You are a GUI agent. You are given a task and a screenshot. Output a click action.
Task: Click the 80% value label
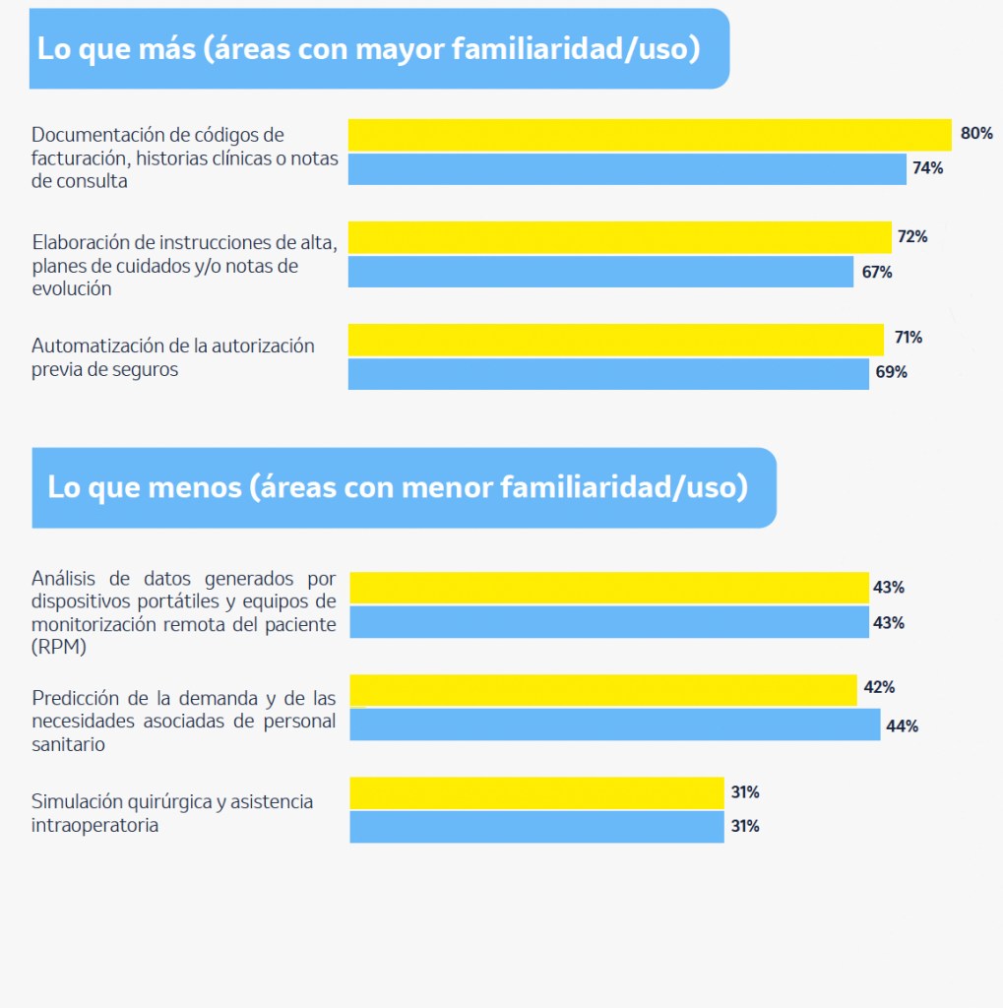click(976, 134)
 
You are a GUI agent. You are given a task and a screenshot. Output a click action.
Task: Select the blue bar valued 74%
click(627, 169)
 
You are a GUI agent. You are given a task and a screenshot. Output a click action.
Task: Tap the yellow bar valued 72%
click(619, 237)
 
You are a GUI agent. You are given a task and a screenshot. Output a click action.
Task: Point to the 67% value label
click(876, 273)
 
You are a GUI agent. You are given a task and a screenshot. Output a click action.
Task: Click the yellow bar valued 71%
click(615, 339)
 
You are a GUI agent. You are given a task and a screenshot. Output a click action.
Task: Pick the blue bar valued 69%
click(608, 374)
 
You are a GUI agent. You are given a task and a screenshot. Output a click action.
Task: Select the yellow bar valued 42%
click(603, 690)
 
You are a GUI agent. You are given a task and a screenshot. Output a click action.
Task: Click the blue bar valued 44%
click(614, 724)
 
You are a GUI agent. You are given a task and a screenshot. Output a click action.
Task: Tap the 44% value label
click(902, 726)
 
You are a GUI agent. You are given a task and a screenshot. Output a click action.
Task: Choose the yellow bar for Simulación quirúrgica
click(536, 792)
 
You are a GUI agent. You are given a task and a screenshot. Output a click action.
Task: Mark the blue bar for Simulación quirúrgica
click(536, 827)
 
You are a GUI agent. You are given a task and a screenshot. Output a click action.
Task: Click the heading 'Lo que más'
click(368, 49)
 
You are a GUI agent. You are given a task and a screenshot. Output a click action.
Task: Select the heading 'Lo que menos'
click(397, 487)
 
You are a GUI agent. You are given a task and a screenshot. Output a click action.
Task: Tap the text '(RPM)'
click(59, 649)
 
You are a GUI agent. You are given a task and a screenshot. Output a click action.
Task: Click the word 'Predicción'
click(74, 698)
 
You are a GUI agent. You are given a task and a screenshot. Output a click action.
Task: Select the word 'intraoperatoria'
click(94, 826)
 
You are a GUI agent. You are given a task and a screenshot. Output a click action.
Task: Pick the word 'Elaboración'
click(77, 242)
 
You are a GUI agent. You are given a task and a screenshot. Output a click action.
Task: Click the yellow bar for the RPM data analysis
click(608, 588)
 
